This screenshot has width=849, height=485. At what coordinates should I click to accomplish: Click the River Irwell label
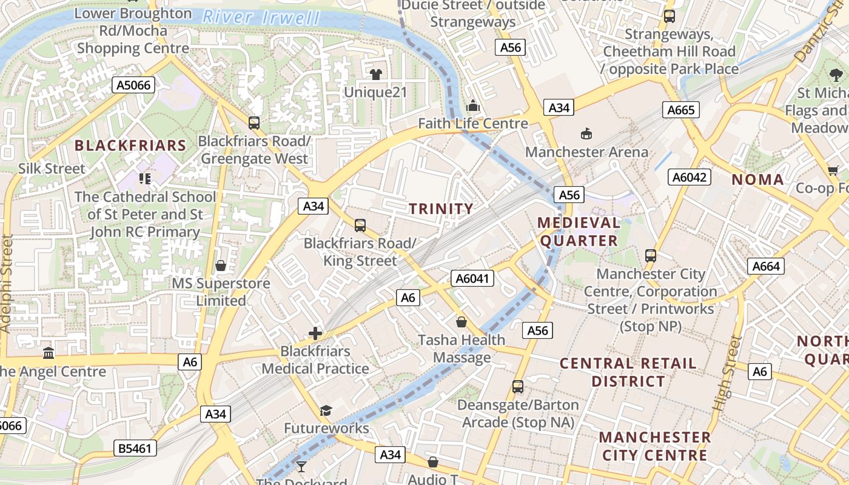pos(262,17)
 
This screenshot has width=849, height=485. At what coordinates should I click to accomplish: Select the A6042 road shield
pos(689,177)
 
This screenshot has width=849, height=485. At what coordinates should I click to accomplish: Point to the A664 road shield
pos(766,266)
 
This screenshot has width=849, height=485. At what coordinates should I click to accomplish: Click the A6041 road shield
pos(472,278)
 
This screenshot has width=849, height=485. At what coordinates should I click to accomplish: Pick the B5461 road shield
pos(135,449)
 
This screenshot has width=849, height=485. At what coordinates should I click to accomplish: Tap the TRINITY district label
pos(441,209)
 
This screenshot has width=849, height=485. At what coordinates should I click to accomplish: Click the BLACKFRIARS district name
pos(130,145)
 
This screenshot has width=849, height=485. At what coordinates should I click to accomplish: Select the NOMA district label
pos(757,179)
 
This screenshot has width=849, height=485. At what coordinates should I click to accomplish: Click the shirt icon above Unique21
pos(376,75)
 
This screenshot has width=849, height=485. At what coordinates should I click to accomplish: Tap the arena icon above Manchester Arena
pos(586,133)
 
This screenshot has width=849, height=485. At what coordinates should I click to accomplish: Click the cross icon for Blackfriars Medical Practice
pos(315,333)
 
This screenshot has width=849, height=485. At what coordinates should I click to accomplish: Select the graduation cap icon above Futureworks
pos(326,410)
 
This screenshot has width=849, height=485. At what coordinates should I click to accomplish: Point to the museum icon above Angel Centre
pos(49,353)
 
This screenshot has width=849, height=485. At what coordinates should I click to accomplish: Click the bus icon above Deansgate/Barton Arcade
pos(518,386)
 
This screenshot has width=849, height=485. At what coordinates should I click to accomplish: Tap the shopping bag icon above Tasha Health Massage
pos(461,321)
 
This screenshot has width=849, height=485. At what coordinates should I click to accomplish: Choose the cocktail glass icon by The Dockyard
pos(301,466)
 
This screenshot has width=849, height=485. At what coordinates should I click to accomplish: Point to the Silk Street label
pos(52,169)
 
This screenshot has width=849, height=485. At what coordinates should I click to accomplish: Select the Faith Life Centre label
pos(473,124)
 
